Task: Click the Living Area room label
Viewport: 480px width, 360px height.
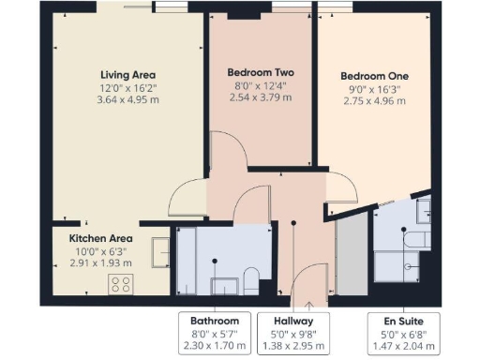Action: pyautogui.click(x=128, y=74)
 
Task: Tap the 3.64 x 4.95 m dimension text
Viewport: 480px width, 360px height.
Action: pyautogui.click(x=128, y=102)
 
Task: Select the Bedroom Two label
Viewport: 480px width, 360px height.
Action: pyautogui.click(x=262, y=72)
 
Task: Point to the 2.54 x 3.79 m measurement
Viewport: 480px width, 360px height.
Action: pyautogui.click(x=262, y=97)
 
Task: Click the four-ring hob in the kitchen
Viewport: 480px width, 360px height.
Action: pyautogui.click(x=122, y=283)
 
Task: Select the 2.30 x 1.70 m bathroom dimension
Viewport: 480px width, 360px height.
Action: pyautogui.click(x=215, y=346)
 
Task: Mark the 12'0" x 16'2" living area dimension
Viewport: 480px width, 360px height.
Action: pyautogui.click(x=128, y=89)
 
